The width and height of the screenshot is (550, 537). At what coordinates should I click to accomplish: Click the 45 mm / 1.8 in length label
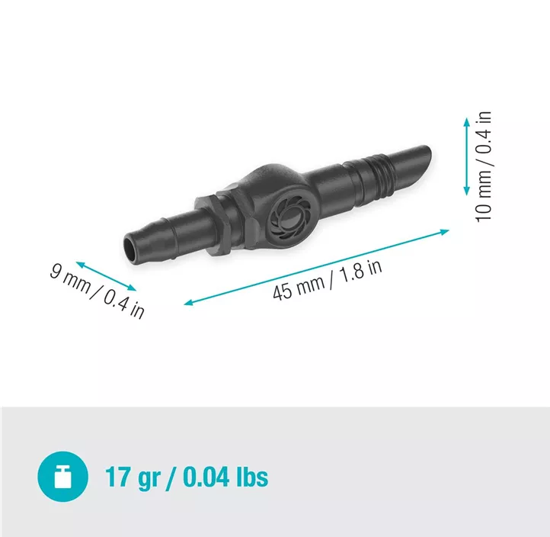click(328, 280)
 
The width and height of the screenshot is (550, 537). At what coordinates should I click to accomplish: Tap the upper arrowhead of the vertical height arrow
click(466, 121)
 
